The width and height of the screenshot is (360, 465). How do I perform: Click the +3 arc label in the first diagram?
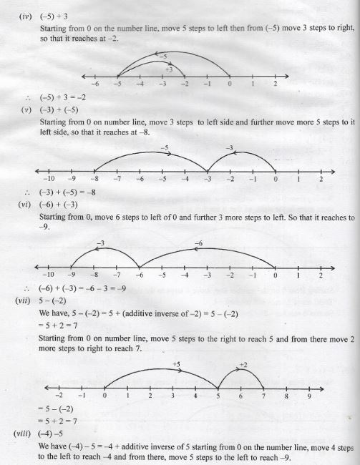point(169,69)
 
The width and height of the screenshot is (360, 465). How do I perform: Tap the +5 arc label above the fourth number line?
point(177,365)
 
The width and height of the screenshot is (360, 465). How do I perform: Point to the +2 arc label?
point(242,365)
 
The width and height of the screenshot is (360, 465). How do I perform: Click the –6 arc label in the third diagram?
point(199,244)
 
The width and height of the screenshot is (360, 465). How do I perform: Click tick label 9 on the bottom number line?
point(308,395)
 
